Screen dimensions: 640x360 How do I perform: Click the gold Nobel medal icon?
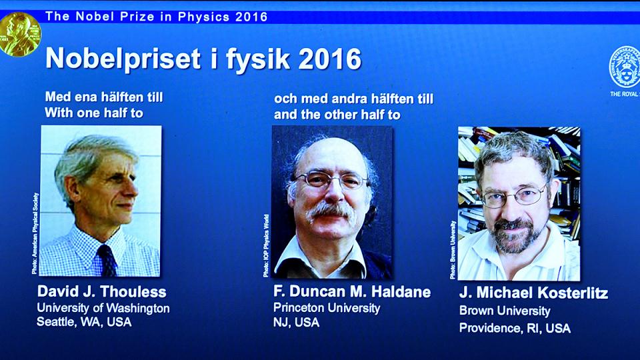coord(19,34)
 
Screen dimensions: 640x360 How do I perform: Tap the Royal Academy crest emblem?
coord(625,67)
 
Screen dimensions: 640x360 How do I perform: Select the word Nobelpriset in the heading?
coord(123,59)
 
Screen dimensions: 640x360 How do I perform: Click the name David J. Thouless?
coord(101,291)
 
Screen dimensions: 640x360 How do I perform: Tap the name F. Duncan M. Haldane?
coord(352,291)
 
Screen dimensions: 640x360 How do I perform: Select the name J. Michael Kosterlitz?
coord(533,293)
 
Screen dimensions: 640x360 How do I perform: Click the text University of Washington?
coord(103,308)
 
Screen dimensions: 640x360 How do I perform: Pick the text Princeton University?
coord(327,308)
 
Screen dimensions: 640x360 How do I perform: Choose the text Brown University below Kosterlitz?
coord(505,311)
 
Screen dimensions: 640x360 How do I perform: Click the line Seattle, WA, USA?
coord(84,322)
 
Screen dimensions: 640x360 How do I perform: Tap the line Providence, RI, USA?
coord(515,328)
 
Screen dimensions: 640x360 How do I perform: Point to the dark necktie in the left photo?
coord(107,261)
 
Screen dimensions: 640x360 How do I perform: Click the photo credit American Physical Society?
coord(35,233)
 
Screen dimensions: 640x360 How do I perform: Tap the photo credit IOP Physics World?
coord(266,246)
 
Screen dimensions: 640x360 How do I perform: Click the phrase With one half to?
coord(94,113)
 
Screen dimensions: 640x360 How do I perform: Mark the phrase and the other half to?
coord(337,115)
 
